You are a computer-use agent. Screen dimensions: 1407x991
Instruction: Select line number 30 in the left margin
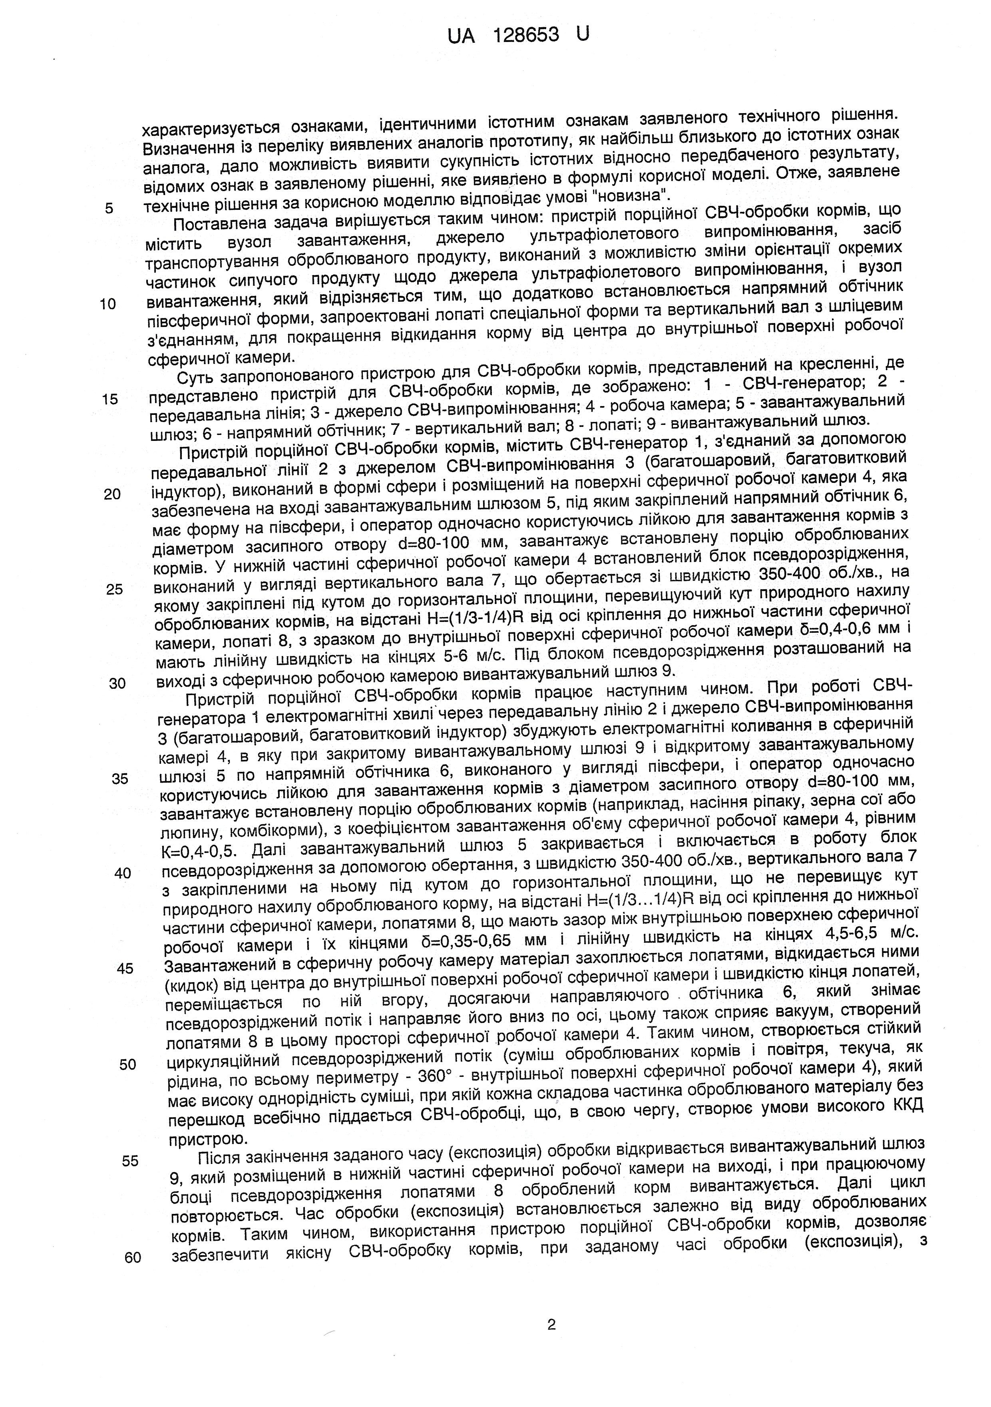click(x=117, y=683)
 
